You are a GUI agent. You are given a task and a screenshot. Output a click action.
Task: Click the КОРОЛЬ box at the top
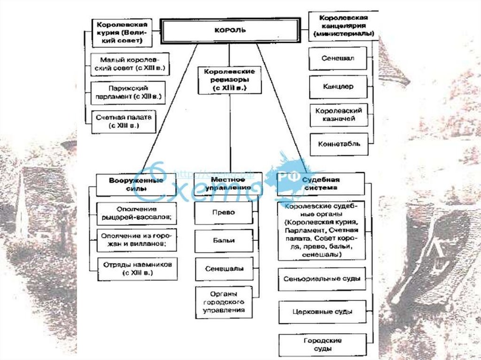tap(230, 31)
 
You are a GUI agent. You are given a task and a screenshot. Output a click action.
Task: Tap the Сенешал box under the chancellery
tap(338, 59)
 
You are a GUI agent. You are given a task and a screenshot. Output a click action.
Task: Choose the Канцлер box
tap(338, 87)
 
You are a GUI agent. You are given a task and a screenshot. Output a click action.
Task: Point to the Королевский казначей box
tap(338, 115)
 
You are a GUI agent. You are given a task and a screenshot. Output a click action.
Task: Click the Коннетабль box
tap(338, 144)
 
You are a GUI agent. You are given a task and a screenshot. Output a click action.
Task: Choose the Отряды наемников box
tap(137, 268)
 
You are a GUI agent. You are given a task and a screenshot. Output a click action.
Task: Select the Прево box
tap(223, 213)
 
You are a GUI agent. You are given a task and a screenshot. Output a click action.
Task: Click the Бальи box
tap(223, 240)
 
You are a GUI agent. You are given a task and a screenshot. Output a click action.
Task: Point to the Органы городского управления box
tap(224, 302)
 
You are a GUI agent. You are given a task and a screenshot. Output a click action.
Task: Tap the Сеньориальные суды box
tap(322, 279)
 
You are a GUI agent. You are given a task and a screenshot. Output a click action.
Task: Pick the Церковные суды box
tap(322, 312)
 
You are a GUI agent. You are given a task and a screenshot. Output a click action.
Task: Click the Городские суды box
tap(322, 345)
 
